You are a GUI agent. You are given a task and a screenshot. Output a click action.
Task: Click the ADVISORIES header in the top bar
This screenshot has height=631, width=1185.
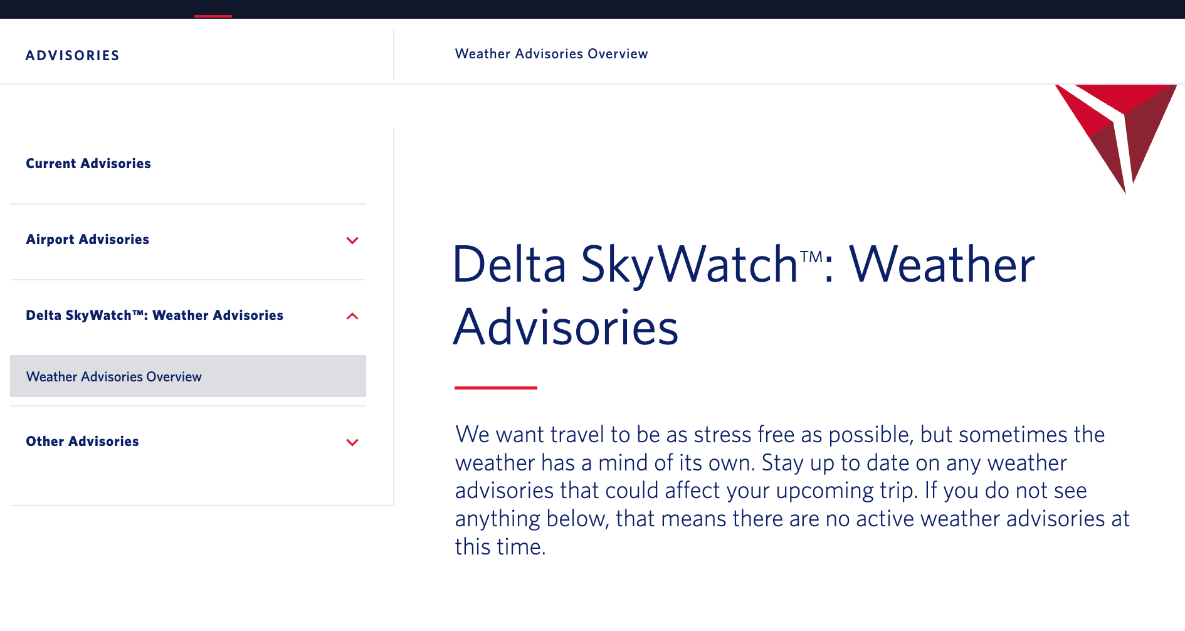(x=73, y=56)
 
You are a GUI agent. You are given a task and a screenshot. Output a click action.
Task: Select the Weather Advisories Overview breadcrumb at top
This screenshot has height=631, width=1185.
(x=552, y=54)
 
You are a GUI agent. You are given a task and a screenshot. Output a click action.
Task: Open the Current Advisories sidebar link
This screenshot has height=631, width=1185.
(x=88, y=164)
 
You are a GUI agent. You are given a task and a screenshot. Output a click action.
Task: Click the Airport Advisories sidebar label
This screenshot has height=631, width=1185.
(x=88, y=240)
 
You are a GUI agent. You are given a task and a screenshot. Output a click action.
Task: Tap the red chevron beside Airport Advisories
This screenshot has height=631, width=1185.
(x=352, y=240)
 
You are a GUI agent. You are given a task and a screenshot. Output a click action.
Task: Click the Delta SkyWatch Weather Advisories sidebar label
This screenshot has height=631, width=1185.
(x=155, y=315)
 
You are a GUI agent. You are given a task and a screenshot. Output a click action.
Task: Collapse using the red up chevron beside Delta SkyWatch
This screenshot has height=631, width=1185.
(x=352, y=316)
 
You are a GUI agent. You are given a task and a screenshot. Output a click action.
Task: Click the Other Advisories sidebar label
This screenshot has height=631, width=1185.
(x=83, y=442)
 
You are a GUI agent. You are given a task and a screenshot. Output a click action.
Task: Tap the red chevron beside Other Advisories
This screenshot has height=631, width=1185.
(x=352, y=442)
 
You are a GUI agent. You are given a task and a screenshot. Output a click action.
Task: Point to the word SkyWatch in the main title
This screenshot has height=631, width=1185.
(x=690, y=265)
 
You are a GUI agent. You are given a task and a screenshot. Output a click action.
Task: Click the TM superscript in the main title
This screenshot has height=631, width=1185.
(x=811, y=257)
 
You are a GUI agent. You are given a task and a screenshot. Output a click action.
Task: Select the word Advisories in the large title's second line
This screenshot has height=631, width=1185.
(x=566, y=327)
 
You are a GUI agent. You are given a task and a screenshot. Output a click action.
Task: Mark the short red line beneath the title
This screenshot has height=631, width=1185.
(x=496, y=388)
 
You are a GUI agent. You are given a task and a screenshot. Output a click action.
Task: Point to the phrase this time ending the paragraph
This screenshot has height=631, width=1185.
(x=500, y=547)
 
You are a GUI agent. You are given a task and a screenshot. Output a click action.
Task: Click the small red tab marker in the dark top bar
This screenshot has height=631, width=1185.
(x=213, y=16)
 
